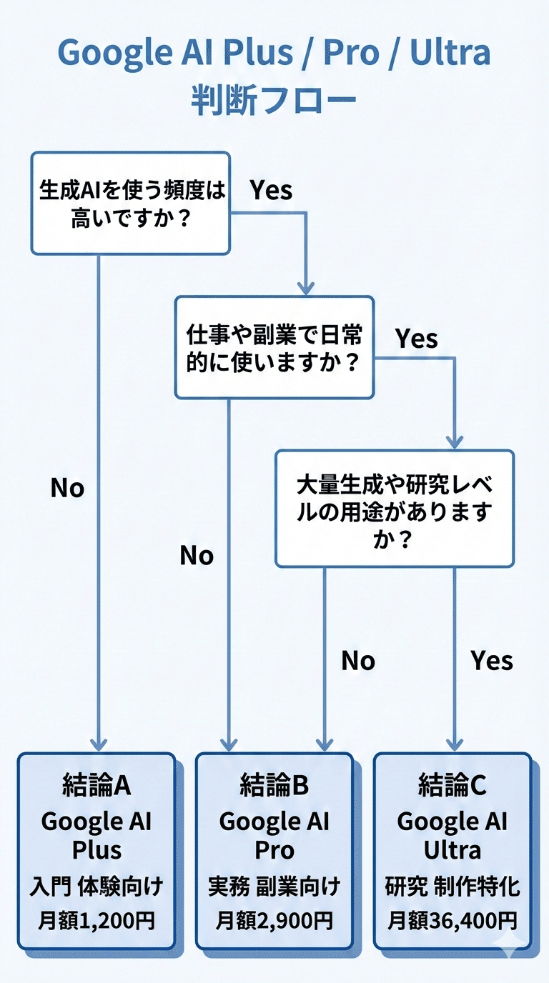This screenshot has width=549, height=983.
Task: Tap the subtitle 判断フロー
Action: tap(274, 101)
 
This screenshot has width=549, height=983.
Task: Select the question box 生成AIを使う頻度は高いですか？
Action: tap(130, 203)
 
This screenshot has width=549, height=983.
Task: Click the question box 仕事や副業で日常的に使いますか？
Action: tap(274, 347)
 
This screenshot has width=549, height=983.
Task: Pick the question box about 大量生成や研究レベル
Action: tap(395, 508)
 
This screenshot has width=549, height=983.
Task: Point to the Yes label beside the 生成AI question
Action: tap(271, 190)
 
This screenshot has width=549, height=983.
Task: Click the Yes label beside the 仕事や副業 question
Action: tap(417, 338)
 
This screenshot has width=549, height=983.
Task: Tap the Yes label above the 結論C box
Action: tap(492, 661)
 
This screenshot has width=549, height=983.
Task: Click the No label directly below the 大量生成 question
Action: tap(358, 661)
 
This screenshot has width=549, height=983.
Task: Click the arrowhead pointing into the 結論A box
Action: tap(98, 743)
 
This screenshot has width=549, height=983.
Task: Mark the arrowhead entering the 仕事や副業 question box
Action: tap(306, 287)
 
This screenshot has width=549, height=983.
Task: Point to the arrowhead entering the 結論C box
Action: tap(454, 743)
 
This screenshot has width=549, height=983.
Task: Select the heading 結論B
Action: tap(274, 786)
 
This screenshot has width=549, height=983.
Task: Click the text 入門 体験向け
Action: tap(97, 888)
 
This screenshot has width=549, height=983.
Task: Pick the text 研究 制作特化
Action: tap(452, 888)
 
